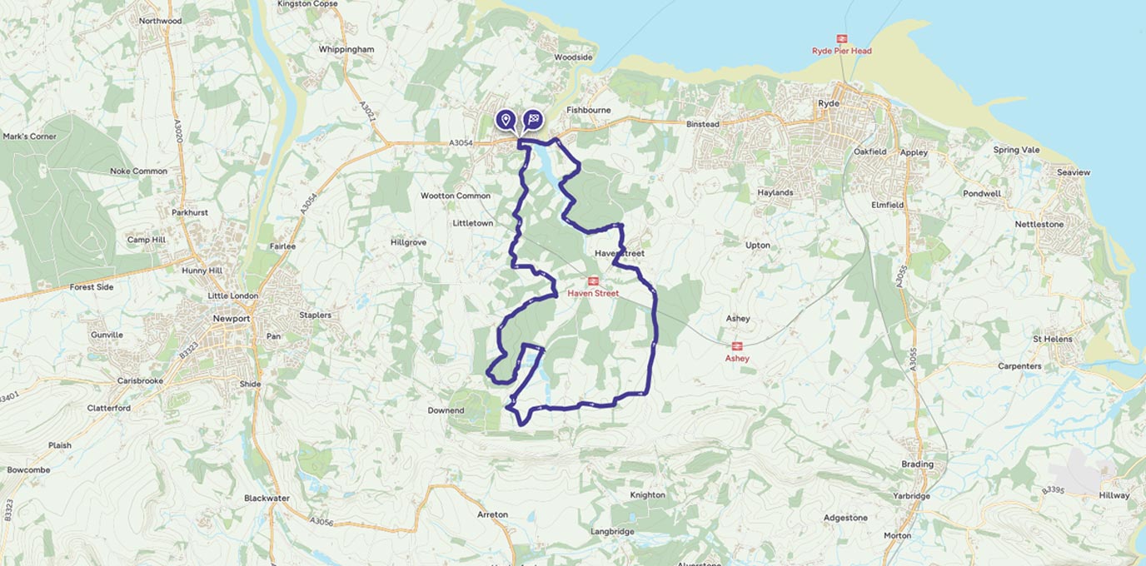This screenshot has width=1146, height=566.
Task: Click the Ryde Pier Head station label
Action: [841, 51]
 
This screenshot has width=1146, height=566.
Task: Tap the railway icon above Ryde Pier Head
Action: [842, 38]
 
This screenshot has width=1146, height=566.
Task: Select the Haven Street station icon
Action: [593, 281]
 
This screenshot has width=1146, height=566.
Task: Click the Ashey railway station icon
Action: [736, 346]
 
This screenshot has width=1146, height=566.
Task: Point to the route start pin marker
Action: [505, 120]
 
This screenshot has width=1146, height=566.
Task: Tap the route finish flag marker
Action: [533, 120]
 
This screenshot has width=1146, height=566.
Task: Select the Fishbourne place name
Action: [588, 110]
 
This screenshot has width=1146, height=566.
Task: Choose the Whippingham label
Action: [346, 50]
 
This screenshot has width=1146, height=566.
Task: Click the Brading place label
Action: [917, 464]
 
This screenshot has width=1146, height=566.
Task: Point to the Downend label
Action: [446, 410]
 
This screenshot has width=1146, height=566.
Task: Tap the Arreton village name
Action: [492, 514]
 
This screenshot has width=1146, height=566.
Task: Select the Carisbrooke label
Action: [140, 380]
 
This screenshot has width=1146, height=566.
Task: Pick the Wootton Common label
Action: [456, 196]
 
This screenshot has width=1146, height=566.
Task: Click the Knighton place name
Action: [647, 495]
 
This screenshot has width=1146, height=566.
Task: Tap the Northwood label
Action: [160, 21]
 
